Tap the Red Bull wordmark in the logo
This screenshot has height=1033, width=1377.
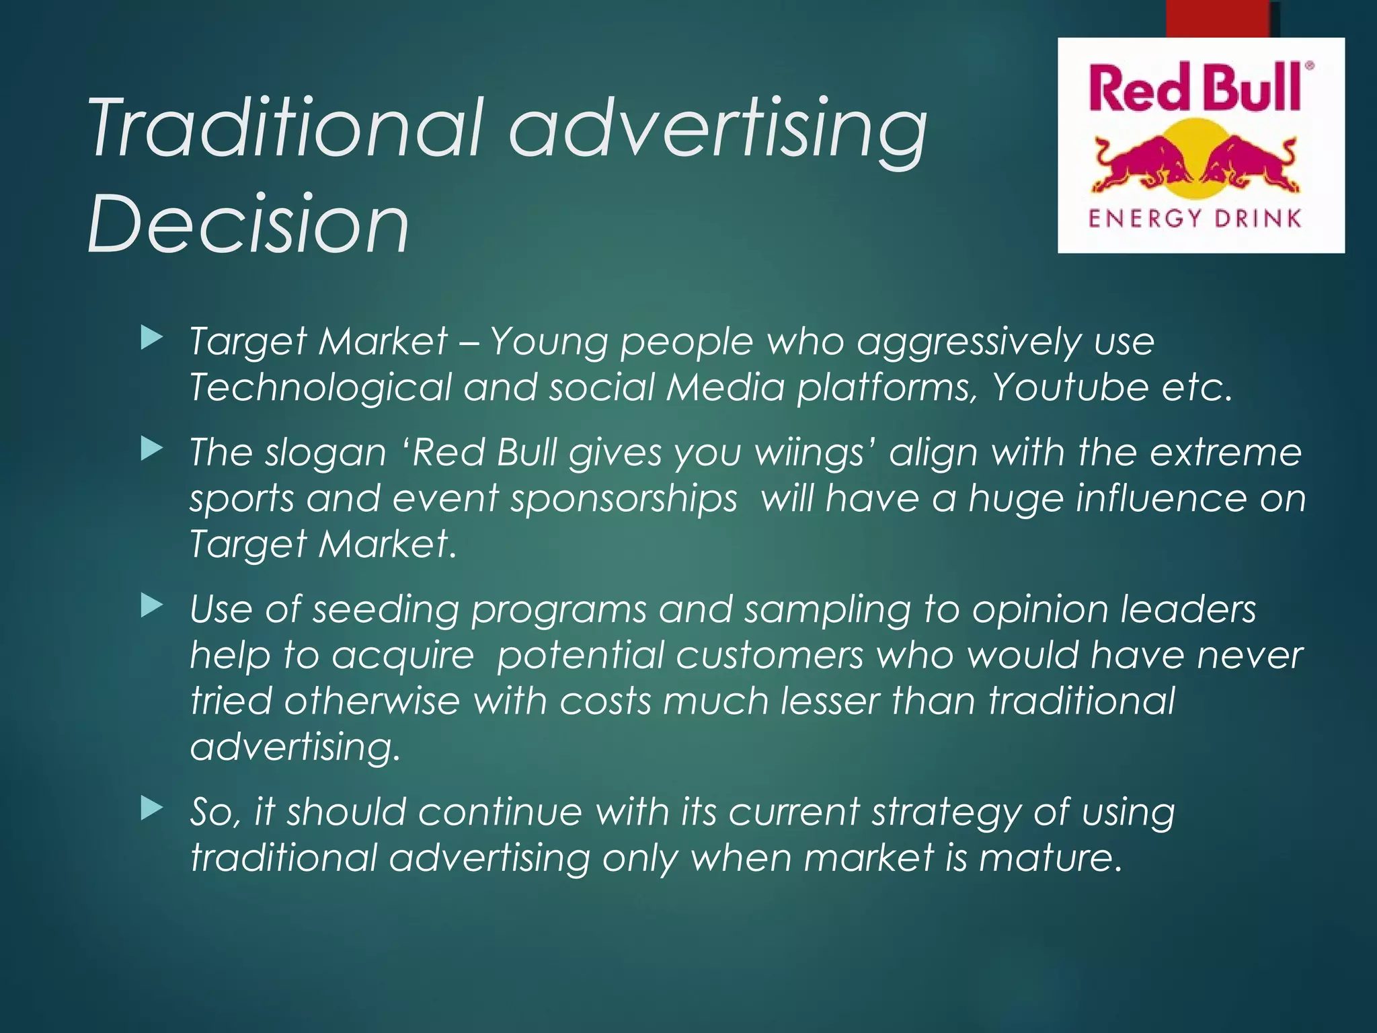click(1197, 88)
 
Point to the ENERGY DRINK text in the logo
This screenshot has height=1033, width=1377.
click(1195, 219)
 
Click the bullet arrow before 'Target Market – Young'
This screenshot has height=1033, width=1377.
click(152, 338)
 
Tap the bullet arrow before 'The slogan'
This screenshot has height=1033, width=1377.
click(152, 449)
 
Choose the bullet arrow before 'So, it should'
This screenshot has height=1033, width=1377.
click(152, 809)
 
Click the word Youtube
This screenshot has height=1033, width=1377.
click(1070, 387)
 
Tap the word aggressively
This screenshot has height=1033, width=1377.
click(968, 342)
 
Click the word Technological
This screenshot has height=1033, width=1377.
click(321, 387)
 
